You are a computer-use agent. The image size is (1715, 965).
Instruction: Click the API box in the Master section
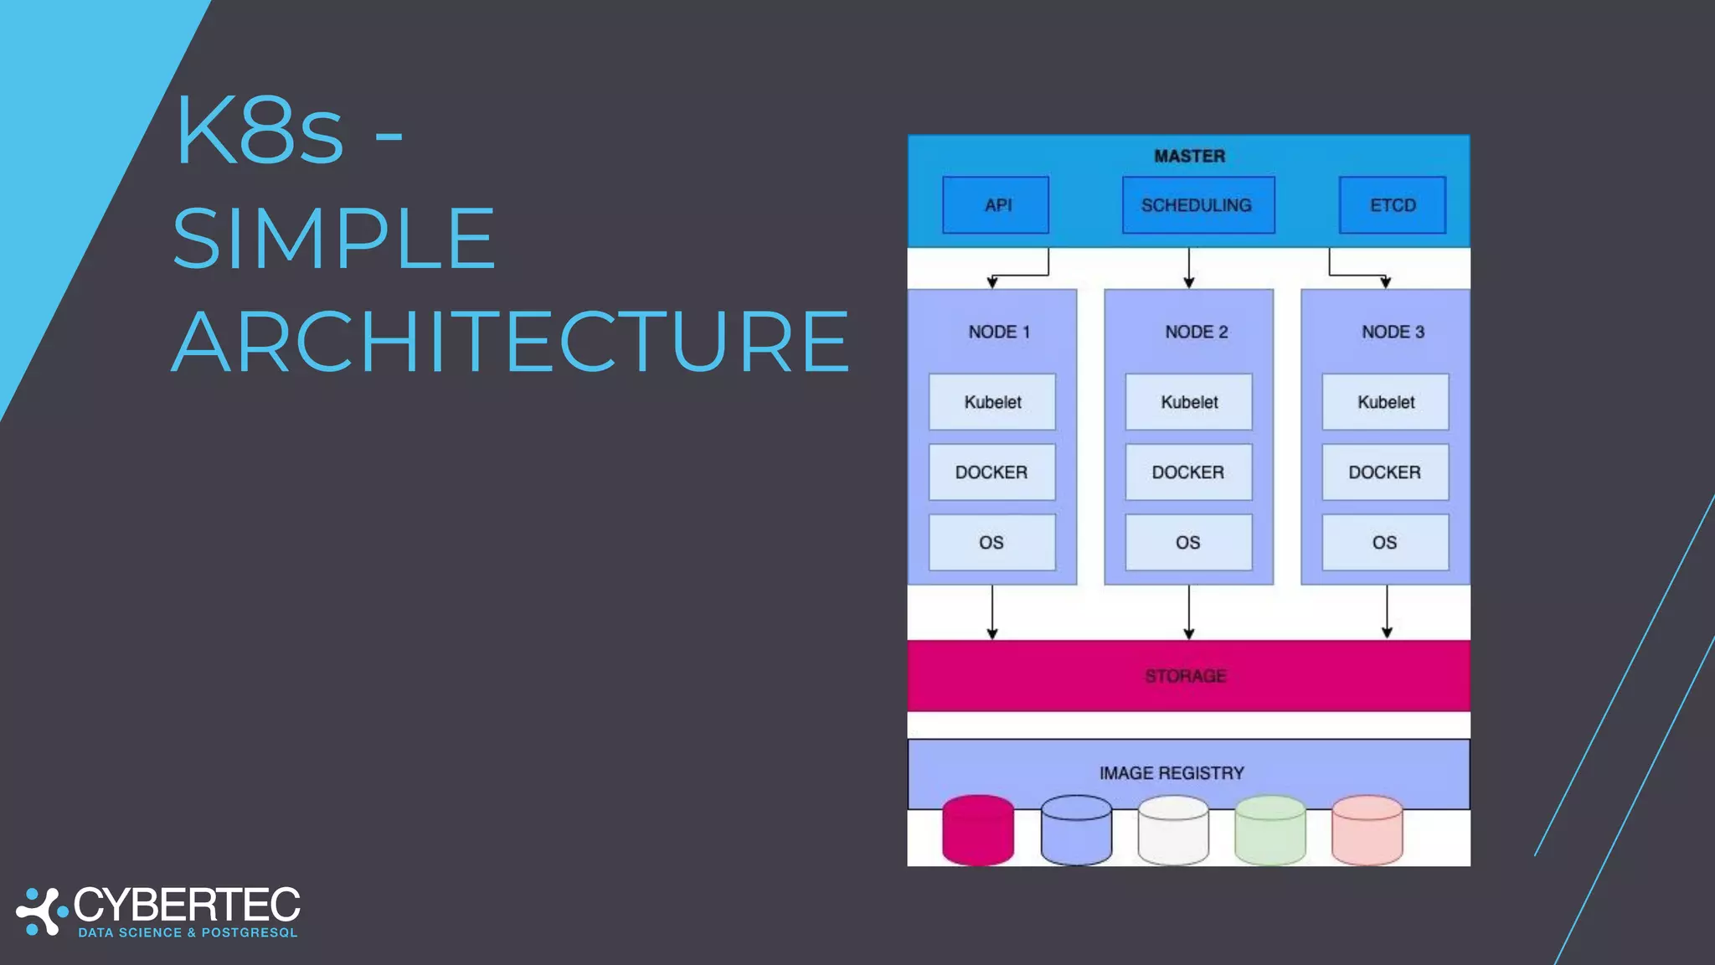click(996, 205)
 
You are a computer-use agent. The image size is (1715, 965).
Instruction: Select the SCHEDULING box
click(1197, 205)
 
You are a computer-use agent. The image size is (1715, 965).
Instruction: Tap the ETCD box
click(1392, 205)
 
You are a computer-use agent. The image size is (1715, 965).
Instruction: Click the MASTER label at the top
click(1189, 157)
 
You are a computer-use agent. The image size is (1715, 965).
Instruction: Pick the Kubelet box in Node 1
click(992, 402)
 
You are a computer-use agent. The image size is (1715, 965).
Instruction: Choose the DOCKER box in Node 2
click(1188, 472)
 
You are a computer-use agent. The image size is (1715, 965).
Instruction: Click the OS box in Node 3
click(1385, 543)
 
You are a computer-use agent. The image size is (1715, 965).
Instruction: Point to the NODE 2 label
click(1196, 332)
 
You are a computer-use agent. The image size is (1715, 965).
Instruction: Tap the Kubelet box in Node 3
click(1385, 402)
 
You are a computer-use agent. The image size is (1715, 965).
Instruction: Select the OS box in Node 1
click(992, 543)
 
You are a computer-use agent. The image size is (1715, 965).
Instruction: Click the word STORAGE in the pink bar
click(1186, 676)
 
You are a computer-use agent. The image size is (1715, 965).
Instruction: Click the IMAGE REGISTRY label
click(1172, 773)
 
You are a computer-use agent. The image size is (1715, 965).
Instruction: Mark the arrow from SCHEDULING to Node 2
click(1189, 268)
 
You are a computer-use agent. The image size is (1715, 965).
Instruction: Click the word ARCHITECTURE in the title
click(511, 342)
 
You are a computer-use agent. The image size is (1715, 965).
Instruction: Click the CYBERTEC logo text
click(187, 905)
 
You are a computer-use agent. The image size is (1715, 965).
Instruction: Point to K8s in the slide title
click(260, 132)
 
